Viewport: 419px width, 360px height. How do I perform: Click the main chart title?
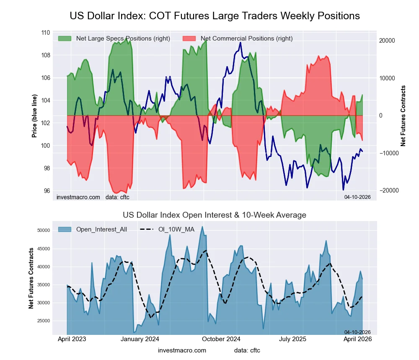click(215, 16)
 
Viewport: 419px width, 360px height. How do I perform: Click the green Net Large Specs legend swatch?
click(65, 39)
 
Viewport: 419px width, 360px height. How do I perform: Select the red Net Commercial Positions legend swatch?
click(189, 39)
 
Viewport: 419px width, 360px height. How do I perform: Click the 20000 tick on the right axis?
click(387, 41)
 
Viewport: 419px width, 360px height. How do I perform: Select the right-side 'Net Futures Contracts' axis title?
click(403, 116)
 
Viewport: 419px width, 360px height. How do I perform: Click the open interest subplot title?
click(215, 215)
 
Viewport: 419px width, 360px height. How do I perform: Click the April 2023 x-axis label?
click(71, 339)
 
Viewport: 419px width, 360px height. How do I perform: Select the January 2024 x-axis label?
click(140, 339)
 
